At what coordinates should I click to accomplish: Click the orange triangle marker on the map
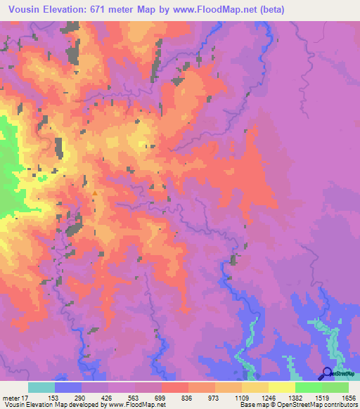pyautogui.click(x=95, y=193)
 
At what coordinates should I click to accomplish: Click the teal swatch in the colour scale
pyautogui.click(x=41, y=387)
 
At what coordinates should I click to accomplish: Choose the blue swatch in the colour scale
pyautogui.click(x=68, y=387)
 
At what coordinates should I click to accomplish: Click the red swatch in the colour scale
pyautogui.click(x=175, y=387)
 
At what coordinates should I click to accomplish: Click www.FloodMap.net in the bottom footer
pyautogui.click(x=134, y=404)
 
